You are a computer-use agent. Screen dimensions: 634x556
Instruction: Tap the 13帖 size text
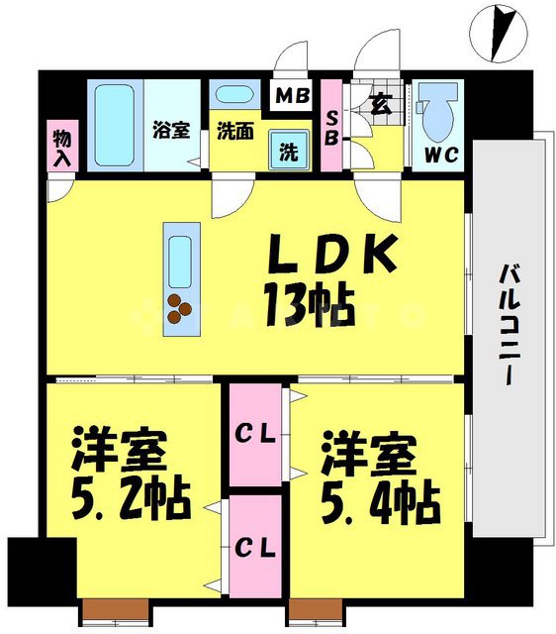309,305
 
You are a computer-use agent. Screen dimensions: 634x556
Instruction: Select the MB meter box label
292,97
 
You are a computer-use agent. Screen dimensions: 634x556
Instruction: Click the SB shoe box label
332,127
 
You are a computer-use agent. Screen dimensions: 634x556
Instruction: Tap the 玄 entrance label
379,100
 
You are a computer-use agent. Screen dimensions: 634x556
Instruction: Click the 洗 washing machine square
289,153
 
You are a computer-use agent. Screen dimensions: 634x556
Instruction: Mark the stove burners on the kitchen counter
180,308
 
